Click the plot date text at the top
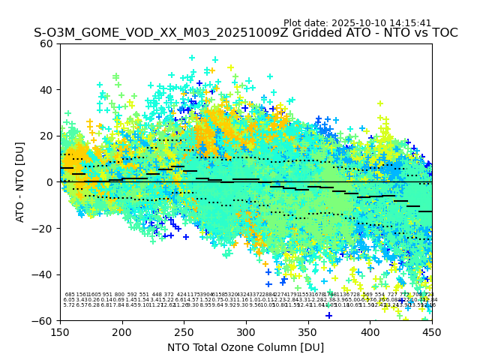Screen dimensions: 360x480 point(357,23)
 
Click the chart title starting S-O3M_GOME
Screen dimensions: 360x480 point(245,34)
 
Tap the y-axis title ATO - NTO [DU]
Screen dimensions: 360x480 point(20,181)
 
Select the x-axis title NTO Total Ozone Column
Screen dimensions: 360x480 point(245,347)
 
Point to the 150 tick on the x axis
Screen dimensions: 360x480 point(60,332)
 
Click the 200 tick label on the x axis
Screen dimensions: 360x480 point(122,332)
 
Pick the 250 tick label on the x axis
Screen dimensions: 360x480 point(184,332)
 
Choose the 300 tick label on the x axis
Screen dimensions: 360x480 point(246,332)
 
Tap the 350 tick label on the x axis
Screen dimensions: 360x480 point(308,332)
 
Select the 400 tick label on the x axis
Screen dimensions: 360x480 point(370,332)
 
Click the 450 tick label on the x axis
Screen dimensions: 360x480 point(432,332)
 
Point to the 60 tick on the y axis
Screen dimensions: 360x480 point(46,43)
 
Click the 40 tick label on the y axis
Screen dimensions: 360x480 point(46,90)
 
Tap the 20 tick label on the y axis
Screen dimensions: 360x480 point(46,136)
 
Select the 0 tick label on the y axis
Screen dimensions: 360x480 point(49,182)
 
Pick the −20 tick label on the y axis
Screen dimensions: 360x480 point(43,228)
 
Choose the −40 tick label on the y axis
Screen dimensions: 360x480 point(43,274)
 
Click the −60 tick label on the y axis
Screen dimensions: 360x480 point(43,320)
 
